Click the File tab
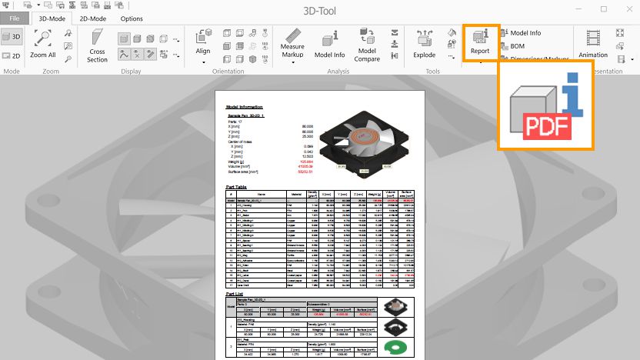[x=15, y=18]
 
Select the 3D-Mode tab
[x=52, y=18]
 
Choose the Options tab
[x=131, y=18]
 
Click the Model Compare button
[x=367, y=44]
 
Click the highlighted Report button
[x=481, y=42]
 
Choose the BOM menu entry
[x=517, y=46]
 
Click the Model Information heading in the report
[x=244, y=107]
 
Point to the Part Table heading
[x=236, y=186]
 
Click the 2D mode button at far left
[x=12, y=55]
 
